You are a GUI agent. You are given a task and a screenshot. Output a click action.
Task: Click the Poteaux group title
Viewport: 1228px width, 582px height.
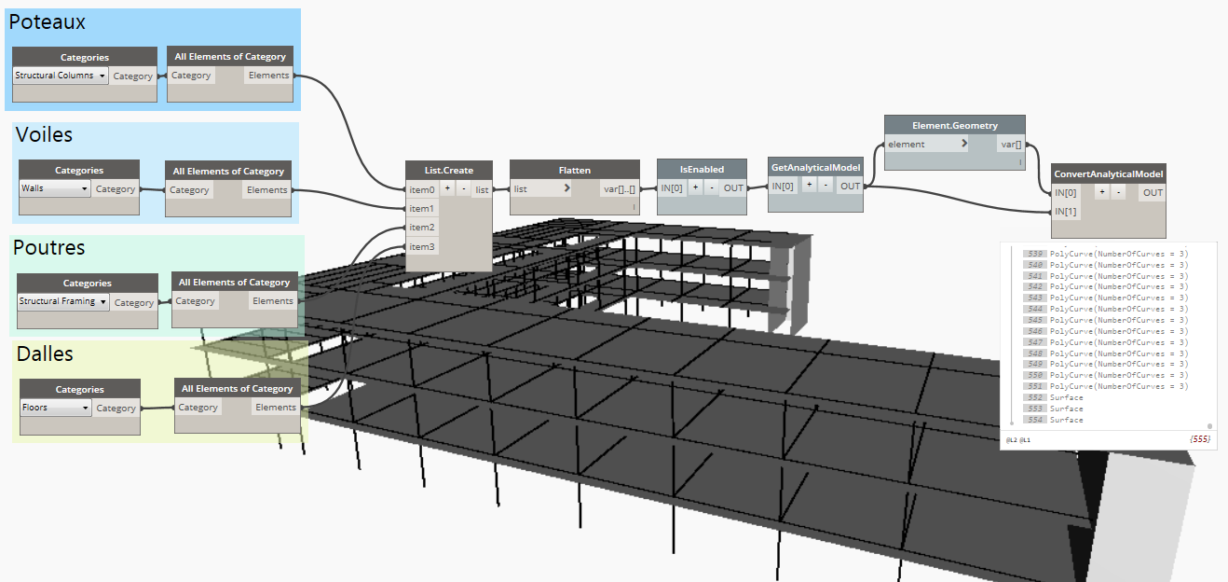(x=48, y=22)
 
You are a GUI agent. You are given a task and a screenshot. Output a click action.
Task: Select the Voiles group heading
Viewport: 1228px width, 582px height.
(x=44, y=135)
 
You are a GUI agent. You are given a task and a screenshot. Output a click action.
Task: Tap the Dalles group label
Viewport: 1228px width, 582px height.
(x=45, y=354)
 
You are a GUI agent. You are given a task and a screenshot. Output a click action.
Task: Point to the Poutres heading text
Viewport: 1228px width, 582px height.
(x=48, y=248)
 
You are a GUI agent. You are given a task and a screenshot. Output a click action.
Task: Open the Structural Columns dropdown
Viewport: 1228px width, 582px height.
(x=61, y=76)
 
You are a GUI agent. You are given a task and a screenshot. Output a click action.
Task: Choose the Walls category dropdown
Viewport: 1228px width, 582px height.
(x=55, y=188)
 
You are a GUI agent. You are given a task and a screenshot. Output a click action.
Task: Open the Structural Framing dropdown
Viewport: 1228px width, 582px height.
(x=63, y=301)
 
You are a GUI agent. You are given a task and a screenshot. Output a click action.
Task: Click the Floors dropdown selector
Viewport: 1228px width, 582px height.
(x=55, y=408)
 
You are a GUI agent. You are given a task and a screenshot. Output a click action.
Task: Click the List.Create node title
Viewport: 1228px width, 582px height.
(x=448, y=170)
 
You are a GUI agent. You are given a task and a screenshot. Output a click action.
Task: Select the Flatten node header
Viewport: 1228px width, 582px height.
(x=575, y=170)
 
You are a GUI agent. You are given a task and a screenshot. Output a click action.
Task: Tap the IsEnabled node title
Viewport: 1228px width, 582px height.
(x=702, y=170)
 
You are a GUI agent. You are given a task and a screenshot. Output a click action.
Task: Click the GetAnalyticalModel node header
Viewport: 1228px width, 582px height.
(x=816, y=167)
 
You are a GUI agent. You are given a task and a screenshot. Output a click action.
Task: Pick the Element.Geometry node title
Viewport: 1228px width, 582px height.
(x=954, y=126)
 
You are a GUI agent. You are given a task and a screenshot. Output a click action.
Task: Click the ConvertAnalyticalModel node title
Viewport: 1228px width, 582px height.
(x=1108, y=173)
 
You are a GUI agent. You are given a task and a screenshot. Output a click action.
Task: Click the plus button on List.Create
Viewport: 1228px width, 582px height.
(x=447, y=188)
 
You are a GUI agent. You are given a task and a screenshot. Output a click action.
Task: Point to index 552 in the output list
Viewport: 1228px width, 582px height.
(x=1035, y=397)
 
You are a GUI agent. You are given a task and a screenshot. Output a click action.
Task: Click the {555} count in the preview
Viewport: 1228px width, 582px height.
(x=1199, y=439)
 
